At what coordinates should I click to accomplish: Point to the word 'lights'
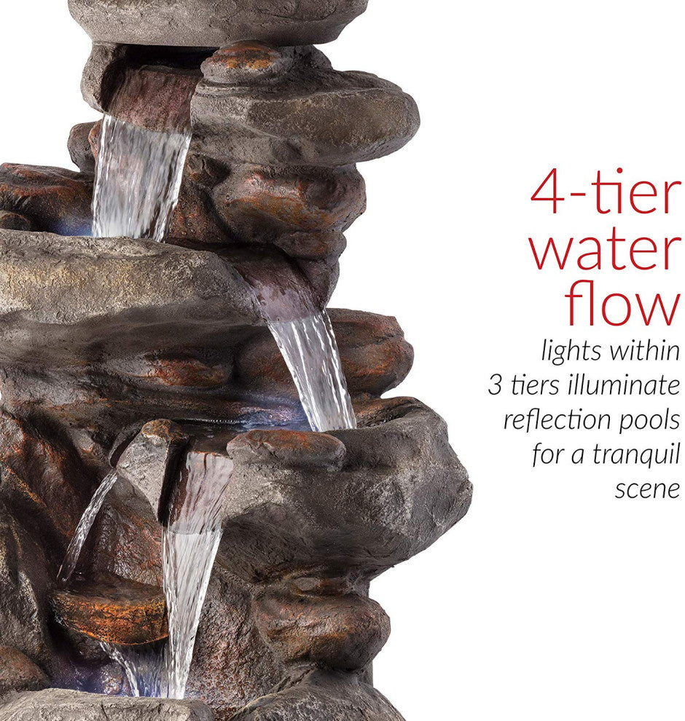(x=571, y=352)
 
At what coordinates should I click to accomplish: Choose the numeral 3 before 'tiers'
(x=495, y=386)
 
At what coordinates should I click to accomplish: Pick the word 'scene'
(x=647, y=489)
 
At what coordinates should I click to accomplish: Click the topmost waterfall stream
(x=138, y=177)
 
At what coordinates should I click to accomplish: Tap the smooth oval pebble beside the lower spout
(x=286, y=449)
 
